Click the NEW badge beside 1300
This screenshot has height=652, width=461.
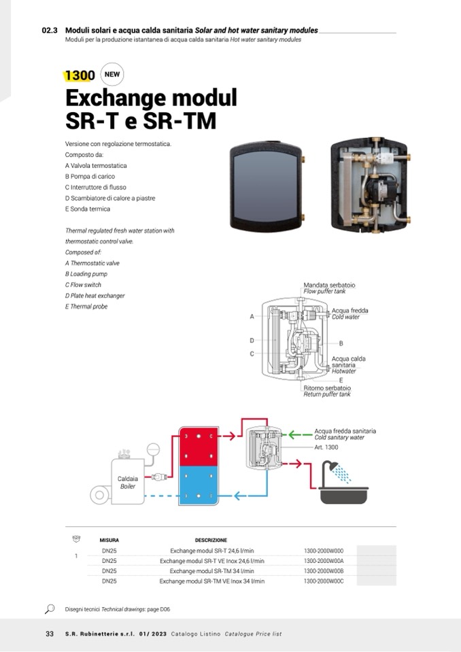112,74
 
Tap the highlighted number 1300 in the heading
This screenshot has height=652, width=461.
80,75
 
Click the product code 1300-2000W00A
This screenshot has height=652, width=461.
324,561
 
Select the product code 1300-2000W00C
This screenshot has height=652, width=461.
324,581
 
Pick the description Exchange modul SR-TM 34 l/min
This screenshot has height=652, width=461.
211,571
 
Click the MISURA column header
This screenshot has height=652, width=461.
109,540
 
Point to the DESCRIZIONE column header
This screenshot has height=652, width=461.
211,540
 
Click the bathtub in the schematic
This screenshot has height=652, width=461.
343,494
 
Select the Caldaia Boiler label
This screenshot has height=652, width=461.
128,482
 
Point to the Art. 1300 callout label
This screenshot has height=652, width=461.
326,447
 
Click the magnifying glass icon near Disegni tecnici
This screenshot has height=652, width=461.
50,608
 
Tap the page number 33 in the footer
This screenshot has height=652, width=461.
49,634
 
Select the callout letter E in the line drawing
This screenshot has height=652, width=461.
341,379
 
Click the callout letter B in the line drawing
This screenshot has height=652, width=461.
341,343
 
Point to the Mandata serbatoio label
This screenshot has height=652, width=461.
329,285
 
